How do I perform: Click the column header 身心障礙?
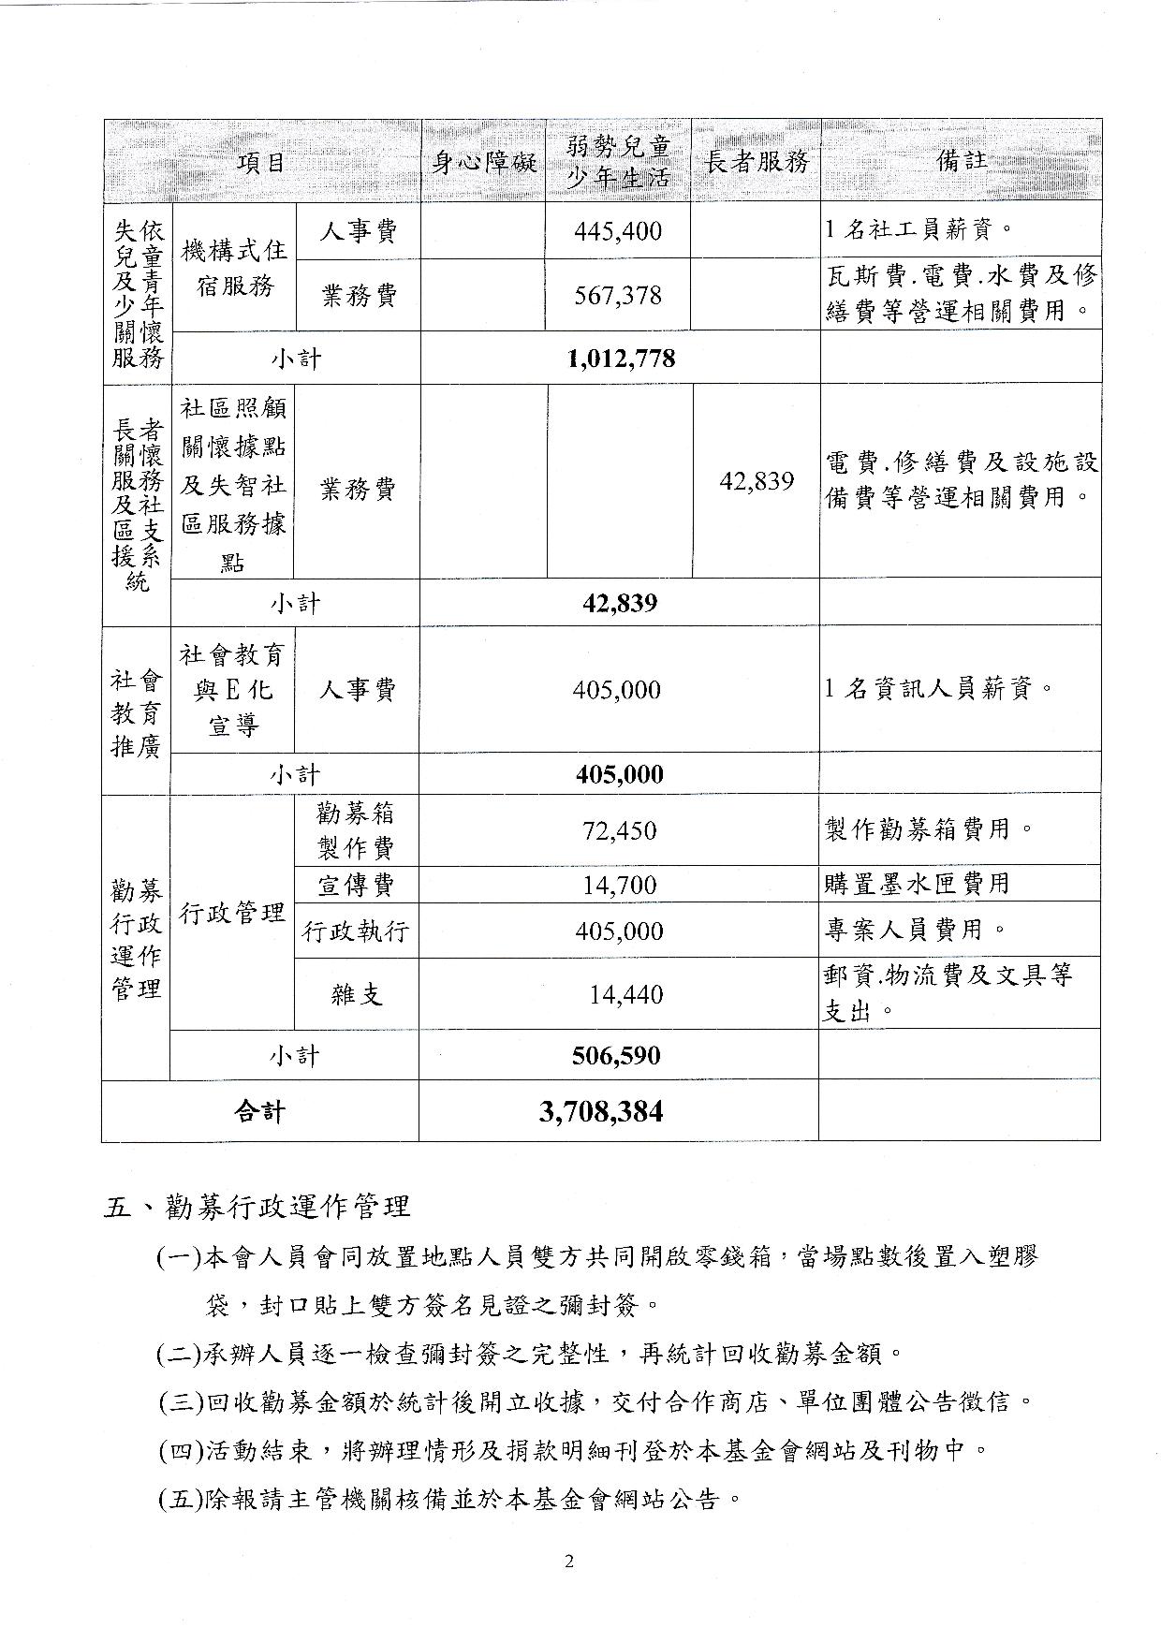(x=483, y=162)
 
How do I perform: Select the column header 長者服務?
(x=757, y=162)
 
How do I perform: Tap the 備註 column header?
(x=961, y=160)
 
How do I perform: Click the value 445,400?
(x=618, y=230)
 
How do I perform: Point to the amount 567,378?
(x=618, y=296)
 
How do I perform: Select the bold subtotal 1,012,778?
(x=621, y=359)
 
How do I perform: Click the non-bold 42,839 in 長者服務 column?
(x=757, y=481)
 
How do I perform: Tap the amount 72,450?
(x=619, y=830)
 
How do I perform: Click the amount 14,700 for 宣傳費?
(x=619, y=885)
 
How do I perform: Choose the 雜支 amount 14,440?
(x=625, y=994)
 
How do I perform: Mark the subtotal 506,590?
(x=616, y=1056)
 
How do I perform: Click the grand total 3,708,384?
(x=601, y=1112)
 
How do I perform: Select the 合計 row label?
(x=259, y=1112)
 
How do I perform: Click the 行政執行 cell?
(x=356, y=931)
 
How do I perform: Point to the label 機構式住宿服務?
(x=233, y=267)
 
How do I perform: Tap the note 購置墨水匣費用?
(x=917, y=883)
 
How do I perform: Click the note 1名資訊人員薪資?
(x=939, y=690)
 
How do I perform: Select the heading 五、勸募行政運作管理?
(x=257, y=1206)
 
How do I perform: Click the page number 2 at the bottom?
(x=568, y=1561)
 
